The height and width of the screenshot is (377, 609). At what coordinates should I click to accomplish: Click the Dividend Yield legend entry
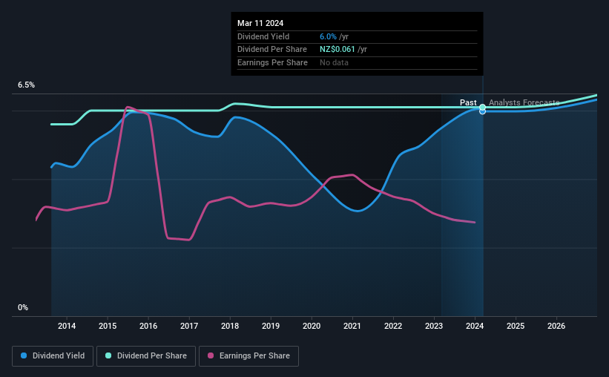[x=53, y=356]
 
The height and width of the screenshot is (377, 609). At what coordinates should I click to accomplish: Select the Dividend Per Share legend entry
[x=150, y=356]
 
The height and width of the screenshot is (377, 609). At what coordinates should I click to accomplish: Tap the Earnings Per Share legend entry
[x=248, y=356]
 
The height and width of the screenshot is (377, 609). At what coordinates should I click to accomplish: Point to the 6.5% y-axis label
[x=27, y=85]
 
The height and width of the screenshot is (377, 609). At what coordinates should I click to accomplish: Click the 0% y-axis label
[x=23, y=307]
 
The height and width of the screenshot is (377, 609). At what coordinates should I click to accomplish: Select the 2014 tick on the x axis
[x=67, y=326]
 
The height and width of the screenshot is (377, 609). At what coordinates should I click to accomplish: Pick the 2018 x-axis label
[x=230, y=326]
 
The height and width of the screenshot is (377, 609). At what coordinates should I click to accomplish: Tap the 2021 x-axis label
[x=352, y=326]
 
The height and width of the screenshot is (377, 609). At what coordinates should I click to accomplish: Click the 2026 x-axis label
[x=556, y=326]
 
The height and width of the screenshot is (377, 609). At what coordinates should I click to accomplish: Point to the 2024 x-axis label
[x=475, y=326]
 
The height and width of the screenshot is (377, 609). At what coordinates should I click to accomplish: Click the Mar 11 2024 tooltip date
[x=262, y=23]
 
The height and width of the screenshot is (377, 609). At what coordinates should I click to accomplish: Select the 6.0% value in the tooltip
[x=329, y=36]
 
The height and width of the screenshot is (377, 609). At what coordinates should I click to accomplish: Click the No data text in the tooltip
[x=334, y=62]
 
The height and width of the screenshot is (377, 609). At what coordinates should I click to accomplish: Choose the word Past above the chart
[x=468, y=102]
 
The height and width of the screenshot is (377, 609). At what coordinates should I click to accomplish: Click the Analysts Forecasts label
[x=524, y=102]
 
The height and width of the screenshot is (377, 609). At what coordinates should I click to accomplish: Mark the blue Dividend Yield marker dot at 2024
[x=483, y=111]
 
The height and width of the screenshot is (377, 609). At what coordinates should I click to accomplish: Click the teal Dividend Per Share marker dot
[x=483, y=107]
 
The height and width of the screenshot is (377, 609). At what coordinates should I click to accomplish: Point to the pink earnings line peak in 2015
[x=128, y=108]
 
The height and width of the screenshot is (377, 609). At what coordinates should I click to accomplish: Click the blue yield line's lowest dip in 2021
[x=358, y=211]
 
